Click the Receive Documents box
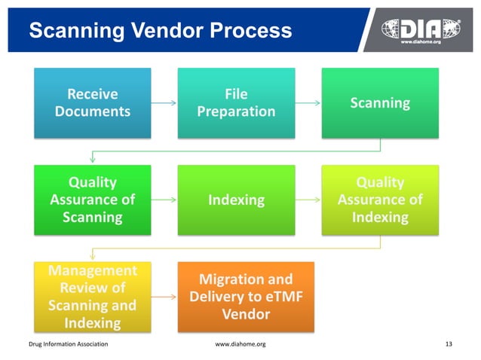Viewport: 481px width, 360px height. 93,103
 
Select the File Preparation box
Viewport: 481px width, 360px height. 236,103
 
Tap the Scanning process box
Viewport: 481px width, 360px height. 380,103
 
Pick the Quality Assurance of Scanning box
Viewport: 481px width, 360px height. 93,200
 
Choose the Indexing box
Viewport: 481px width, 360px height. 236,200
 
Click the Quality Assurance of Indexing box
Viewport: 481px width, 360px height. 380,200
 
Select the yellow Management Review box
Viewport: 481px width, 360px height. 93,297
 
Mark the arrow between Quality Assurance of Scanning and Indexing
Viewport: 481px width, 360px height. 164,200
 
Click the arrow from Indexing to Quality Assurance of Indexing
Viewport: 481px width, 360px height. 308,200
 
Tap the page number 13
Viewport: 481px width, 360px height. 449,344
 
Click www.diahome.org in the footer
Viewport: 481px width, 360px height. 240,344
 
